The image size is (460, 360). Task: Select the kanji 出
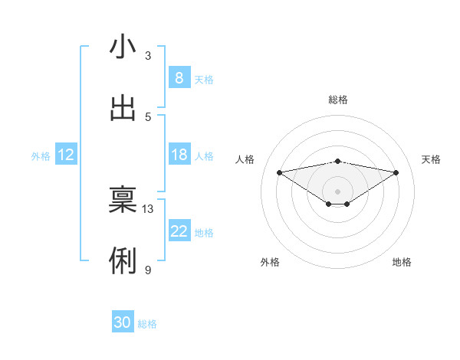[x=123, y=108]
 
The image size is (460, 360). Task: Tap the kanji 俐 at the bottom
[x=123, y=261]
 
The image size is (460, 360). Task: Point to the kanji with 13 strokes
[x=123, y=200]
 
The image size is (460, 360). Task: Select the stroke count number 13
[x=148, y=208]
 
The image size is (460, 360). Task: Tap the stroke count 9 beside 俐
[x=148, y=270]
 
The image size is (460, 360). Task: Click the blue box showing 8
[x=179, y=78]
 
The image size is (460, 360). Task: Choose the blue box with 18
[x=179, y=155]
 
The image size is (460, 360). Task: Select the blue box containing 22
[x=179, y=231]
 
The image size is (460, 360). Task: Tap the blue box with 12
[x=66, y=155]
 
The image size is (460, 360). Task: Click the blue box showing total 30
[x=123, y=323]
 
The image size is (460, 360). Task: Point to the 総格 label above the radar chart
[x=338, y=100]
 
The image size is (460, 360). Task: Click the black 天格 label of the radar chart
[x=432, y=159]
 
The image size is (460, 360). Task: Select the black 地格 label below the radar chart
[x=402, y=262]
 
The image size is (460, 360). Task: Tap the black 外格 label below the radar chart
[x=270, y=262]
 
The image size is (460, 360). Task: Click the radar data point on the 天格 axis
[x=396, y=172]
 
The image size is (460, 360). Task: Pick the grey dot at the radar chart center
[x=338, y=191]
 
